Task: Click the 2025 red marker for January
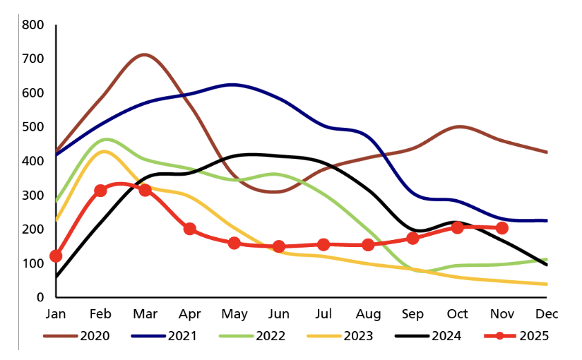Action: (x=56, y=256)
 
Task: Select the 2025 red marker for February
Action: (x=100, y=191)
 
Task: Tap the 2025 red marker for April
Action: (x=189, y=229)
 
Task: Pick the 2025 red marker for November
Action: (x=502, y=228)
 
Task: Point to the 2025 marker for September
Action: (x=413, y=239)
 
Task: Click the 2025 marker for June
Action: (x=279, y=246)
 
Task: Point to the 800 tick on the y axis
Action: (x=33, y=25)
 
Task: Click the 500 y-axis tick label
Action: (x=33, y=127)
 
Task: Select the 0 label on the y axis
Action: (x=40, y=297)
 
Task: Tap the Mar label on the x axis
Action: (x=144, y=313)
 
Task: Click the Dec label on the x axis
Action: (x=546, y=313)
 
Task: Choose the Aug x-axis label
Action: (x=368, y=313)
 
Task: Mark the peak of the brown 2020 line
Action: (x=144, y=54)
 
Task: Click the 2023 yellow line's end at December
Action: (x=546, y=284)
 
